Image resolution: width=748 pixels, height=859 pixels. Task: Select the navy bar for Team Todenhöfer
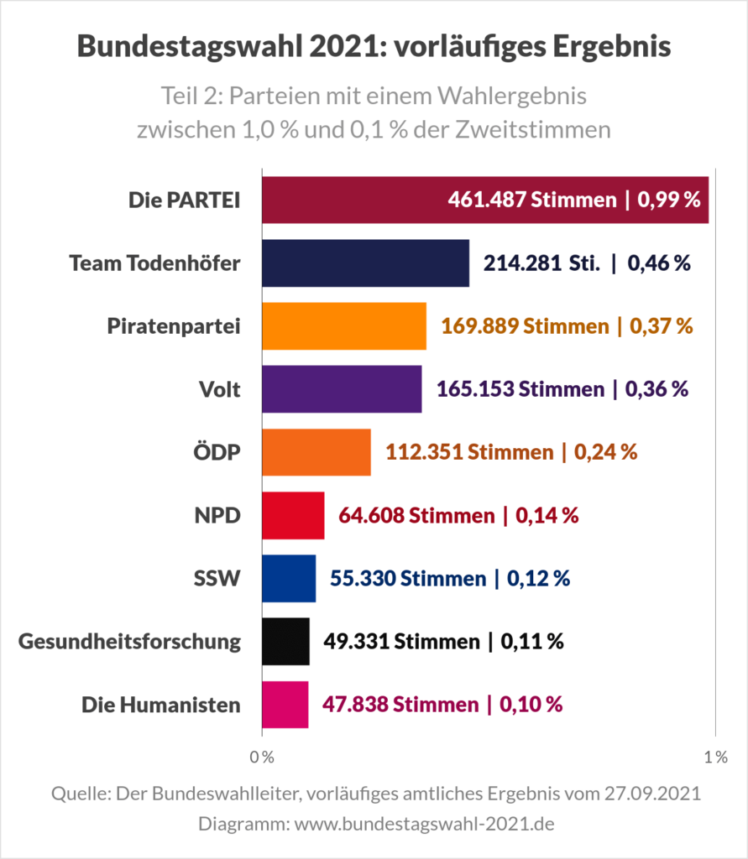(365, 263)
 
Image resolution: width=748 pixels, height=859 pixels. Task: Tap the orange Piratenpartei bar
(344, 325)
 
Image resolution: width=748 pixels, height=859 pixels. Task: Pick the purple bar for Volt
(342, 388)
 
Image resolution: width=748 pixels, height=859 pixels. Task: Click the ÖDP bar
(316, 451)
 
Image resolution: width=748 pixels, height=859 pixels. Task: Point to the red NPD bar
(293, 515)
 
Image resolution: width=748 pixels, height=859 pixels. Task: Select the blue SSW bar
(289, 578)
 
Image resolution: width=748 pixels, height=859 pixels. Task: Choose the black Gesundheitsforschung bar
(285, 642)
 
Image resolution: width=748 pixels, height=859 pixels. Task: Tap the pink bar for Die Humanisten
(285, 705)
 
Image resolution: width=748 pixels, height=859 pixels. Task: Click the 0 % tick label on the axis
(263, 757)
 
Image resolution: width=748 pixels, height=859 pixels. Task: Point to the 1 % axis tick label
(715, 757)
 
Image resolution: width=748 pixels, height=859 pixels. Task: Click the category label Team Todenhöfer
(154, 263)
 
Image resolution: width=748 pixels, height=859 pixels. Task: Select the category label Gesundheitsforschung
(129, 642)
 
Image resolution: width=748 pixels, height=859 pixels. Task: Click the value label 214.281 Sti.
(541, 263)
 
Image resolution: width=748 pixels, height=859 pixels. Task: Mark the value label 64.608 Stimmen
(416, 515)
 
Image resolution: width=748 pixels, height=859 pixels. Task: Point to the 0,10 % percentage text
(531, 705)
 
